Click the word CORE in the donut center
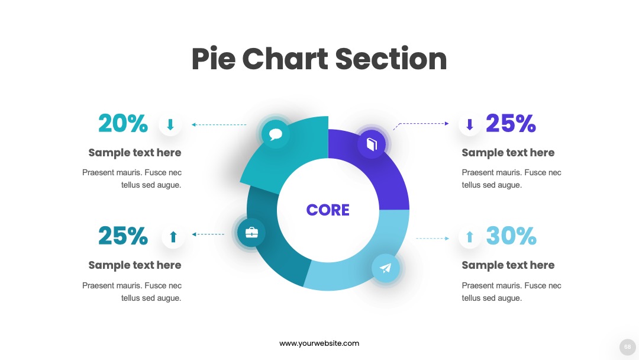point(328,210)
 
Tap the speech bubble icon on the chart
point(276,134)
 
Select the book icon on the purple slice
point(372,144)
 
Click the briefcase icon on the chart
point(251,232)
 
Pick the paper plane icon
point(386,268)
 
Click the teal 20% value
point(122,123)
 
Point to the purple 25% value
point(511,123)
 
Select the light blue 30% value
point(511,236)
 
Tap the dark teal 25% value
point(122,236)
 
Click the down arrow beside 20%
point(170,124)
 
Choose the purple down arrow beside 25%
point(469,124)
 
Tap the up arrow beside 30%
point(469,237)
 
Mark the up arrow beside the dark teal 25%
point(173,237)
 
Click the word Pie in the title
point(214,59)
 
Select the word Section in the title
point(391,59)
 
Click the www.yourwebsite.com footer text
point(319,343)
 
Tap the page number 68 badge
point(628,347)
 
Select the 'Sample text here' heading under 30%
point(508,265)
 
